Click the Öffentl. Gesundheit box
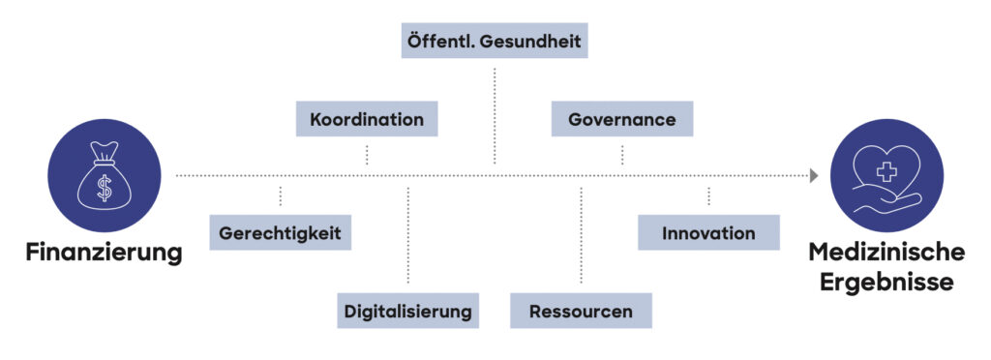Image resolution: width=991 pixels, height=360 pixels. (x=494, y=42)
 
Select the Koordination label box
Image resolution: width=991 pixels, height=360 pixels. (x=367, y=120)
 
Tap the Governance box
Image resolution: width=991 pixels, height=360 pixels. (x=622, y=120)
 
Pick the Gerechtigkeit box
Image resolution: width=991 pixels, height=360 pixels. (x=280, y=233)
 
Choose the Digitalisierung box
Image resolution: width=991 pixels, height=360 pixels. (x=408, y=311)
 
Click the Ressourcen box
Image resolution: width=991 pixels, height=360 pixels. (x=581, y=311)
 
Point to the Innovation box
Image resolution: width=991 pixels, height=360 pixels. (x=708, y=233)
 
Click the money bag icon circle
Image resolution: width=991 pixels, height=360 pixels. (x=104, y=176)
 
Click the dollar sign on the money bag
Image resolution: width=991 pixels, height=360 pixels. (x=104, y=188)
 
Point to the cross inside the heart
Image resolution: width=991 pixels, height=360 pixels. (x=887, y=171)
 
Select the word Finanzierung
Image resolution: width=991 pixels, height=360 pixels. (x=104, y=254)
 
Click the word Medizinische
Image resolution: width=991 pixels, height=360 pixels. (x=886, y=253)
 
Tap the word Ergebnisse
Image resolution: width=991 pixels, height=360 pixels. (x=886, y=283)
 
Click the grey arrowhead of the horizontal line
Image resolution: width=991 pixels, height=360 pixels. (x=814, y=176)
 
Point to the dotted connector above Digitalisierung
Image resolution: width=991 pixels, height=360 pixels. (x=408, y=236)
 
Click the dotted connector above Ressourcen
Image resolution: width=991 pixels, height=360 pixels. (x=581, y=236)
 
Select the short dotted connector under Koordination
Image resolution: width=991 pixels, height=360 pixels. (x=367, y=155)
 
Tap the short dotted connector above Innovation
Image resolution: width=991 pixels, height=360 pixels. (x=708, y=196)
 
